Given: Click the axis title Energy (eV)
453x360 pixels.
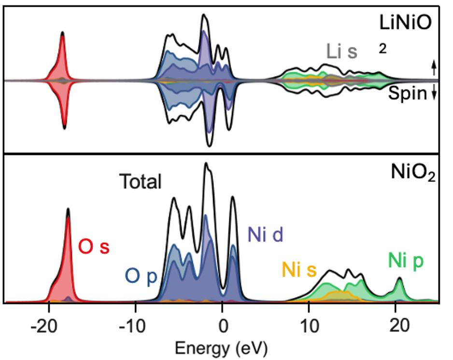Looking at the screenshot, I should pyautogui.click(x=221, y=347).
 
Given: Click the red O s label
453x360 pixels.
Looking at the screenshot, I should pyautogui.click(x=94, y=247).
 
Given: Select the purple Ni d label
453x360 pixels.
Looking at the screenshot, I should pyautogui.click(x=265, y=235).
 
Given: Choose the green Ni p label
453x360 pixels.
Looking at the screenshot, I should pyautogui.click(x=406, y=261).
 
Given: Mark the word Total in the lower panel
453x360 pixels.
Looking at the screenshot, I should pyautogui.click(x=140, y=182).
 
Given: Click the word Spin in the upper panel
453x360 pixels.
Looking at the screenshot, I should pyautogui.click(x=409, y=94).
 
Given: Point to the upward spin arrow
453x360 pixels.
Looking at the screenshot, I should pyautogui.click(x=434, y=66).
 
